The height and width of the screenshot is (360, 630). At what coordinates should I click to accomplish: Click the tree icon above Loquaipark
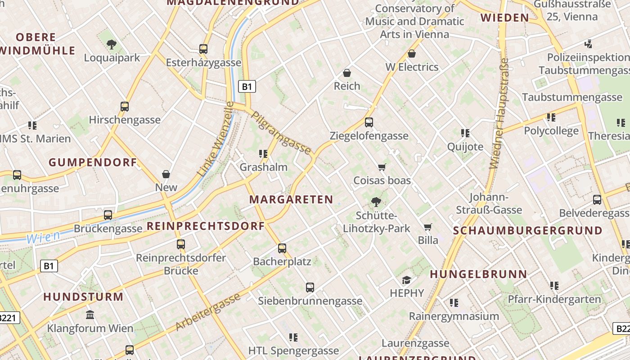112,45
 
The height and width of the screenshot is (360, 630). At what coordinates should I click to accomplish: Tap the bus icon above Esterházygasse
203,49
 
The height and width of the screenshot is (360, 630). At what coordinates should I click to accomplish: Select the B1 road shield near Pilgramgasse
247,86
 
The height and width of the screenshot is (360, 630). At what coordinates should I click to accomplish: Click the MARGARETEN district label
291,199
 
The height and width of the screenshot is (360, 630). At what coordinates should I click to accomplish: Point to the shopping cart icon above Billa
427,227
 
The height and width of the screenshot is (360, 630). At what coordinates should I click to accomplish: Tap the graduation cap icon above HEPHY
407,280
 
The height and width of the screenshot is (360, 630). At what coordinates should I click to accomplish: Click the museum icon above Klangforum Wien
90,315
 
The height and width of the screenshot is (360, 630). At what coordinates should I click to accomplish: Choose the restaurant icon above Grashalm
263,154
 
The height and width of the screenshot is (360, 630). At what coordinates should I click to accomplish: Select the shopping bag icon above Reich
347,72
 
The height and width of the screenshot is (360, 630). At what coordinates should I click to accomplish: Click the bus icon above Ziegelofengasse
369,122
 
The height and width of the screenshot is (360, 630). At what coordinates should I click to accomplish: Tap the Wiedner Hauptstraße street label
499,113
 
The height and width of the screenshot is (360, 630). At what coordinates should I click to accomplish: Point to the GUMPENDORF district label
93,162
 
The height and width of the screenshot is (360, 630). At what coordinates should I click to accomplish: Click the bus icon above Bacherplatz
282,248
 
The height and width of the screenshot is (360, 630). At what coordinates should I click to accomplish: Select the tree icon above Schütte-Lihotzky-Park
376,202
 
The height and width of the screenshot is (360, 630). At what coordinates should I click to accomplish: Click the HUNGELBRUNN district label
478,274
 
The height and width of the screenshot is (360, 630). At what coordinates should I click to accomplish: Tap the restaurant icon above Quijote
465,133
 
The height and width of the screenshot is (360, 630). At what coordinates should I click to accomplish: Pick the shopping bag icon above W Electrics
411,54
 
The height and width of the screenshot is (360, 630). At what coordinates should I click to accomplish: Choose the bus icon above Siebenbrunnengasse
310,287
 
